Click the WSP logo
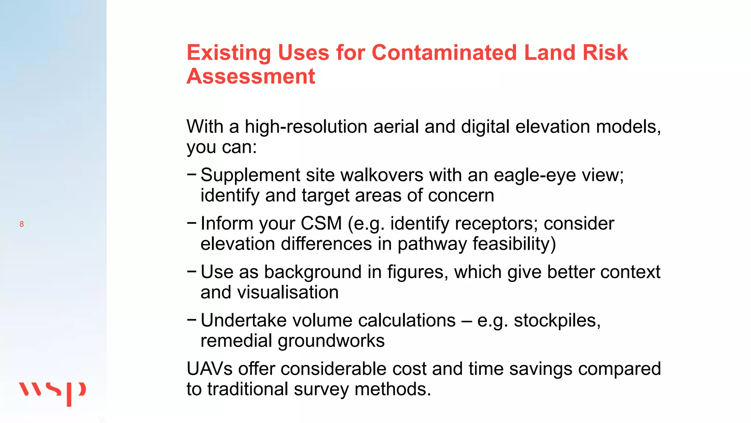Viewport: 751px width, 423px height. (52, 393)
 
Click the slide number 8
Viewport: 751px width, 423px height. (22, 224)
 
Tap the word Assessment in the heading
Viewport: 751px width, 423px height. (251, 76)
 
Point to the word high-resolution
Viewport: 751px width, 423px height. (306, 127)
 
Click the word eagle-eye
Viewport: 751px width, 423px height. (535, 175)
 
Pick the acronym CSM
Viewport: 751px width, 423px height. (321, 224)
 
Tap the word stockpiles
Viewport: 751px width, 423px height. (557, 321)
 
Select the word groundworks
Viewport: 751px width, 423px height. (331, 341)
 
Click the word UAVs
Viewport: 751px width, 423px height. (209, 369)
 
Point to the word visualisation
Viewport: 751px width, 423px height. (288, 293)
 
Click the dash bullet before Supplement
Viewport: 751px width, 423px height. (191, 174)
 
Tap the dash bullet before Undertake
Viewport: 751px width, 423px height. (191, 319)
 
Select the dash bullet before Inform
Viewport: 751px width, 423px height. (191, 222)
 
